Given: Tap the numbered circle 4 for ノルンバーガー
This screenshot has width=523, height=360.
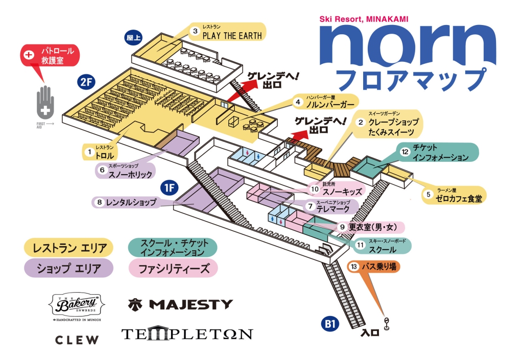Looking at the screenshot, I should pyautogui.click(x=297, y=102).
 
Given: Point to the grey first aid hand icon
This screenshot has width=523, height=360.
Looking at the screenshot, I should pyautogui.click(x=46, y=104).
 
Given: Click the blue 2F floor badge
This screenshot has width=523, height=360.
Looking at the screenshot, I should pyautogui.click(x=85, y=81).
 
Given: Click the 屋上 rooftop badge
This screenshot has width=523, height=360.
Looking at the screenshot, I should pyautogui.click(x=133, y=37).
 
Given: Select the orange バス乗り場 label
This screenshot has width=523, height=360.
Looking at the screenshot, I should pyautogui.click(x=372, y=267).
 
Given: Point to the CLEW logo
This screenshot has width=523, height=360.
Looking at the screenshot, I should pyautogui.click(x=77, y=340).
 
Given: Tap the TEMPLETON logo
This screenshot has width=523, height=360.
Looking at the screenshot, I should pyautogui.click(x=187, y=334).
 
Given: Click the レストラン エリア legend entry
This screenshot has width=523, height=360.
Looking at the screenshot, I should pyautogui.click(x=69, y=248).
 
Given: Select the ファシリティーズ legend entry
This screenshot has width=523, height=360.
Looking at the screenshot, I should pyautogui.click(x=174, y=268).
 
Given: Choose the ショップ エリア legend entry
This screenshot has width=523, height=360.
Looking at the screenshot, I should pyautogui.click(x=69, y=268).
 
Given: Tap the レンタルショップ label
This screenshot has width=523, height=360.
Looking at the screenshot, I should pyautogui.click(x=130, y=202).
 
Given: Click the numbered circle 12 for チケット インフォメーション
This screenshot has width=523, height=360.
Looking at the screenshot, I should pyautogui.click(x=405, y=152).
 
